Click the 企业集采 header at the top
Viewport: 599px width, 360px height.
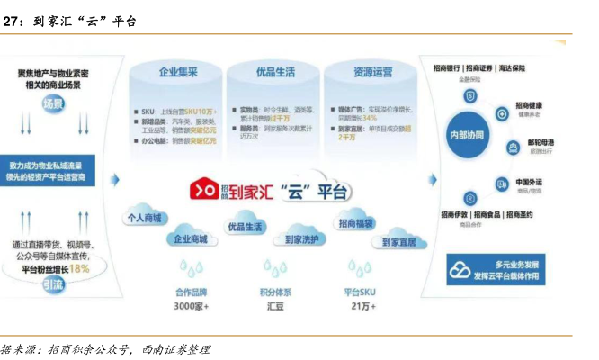(176, 71)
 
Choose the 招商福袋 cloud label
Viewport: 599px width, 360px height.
(357, 222)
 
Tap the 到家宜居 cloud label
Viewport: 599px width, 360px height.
(398, 242)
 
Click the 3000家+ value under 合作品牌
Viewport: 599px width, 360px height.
(191, 306)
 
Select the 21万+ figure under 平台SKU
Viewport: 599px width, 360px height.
(361, 306)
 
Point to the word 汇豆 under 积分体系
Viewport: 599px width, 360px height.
(275, 306)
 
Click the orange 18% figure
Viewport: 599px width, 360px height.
(79, 268)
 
